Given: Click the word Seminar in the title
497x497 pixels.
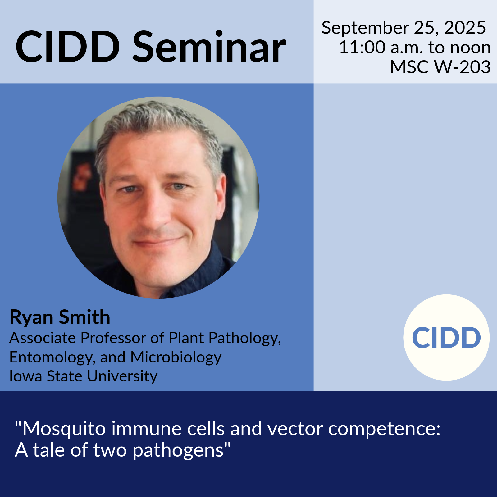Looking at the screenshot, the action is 209,47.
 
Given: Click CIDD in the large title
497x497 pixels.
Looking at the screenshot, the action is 68,47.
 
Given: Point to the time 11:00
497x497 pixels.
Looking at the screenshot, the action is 362,48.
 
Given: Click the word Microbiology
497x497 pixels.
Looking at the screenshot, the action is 176,358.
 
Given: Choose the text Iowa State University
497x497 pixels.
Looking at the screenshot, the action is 84,376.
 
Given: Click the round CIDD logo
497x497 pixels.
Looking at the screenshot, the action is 446,337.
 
